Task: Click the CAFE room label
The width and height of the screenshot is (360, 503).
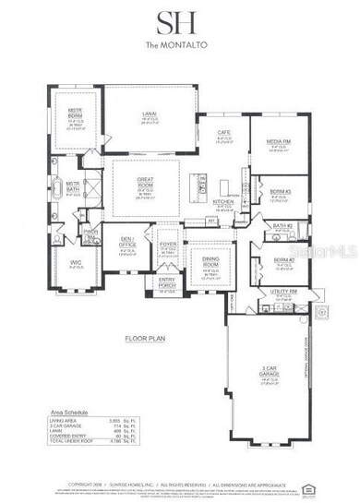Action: click(224, 133)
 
